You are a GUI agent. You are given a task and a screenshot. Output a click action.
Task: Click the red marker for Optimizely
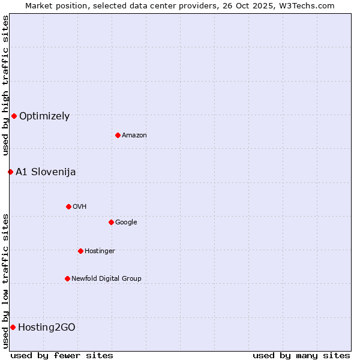(14, 116)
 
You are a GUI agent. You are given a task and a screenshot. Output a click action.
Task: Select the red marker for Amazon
(118, 135)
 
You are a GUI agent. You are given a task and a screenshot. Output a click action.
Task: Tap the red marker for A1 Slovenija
(10, 172)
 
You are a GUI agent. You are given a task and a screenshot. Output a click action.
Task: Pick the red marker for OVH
(68, 206)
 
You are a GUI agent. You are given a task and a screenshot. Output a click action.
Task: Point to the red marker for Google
(111, 222)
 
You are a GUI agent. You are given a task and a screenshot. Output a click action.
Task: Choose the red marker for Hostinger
(80, 251)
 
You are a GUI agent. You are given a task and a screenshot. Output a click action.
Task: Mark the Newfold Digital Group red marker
(67, 278)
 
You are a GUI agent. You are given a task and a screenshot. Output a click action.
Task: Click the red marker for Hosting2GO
(13, 327)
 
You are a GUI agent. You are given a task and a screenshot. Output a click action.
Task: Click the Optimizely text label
(44, 116)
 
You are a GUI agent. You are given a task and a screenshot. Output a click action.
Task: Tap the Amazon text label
(134, 136)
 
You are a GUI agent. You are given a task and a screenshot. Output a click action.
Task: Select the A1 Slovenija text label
(46, 172)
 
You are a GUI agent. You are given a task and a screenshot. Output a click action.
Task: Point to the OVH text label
(80, 207)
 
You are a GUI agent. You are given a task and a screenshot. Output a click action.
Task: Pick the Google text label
(126, 223)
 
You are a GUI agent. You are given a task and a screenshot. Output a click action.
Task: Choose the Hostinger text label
(100, 251)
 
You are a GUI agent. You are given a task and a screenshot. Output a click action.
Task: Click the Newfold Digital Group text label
(106, 279)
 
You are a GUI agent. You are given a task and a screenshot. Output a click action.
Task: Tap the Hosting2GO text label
(47, 328)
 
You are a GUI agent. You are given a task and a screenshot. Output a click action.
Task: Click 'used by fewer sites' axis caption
(62, 355)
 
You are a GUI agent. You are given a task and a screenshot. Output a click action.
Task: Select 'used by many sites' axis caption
(301, 355)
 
